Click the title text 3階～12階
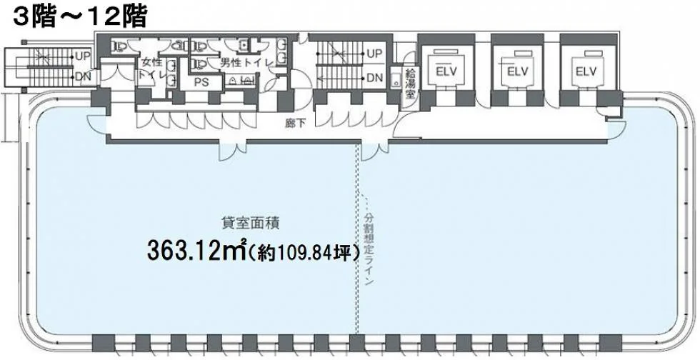(x=80, y=17)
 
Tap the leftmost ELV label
(x=448, y=71)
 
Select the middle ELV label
(x=517, y=71)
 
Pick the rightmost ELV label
(x=586, y=71)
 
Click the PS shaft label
(x=201, y=82)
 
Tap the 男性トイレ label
(x=246, y=63)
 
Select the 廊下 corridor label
(x=295, y=124)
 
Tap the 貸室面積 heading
(x=251, y=222)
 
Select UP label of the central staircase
(x=374, y=53)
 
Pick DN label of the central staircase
(x=374, y=78)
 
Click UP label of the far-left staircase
(x=83, y=56)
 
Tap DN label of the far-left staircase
(x=83, y=77)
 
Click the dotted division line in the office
(x=356, y=239)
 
